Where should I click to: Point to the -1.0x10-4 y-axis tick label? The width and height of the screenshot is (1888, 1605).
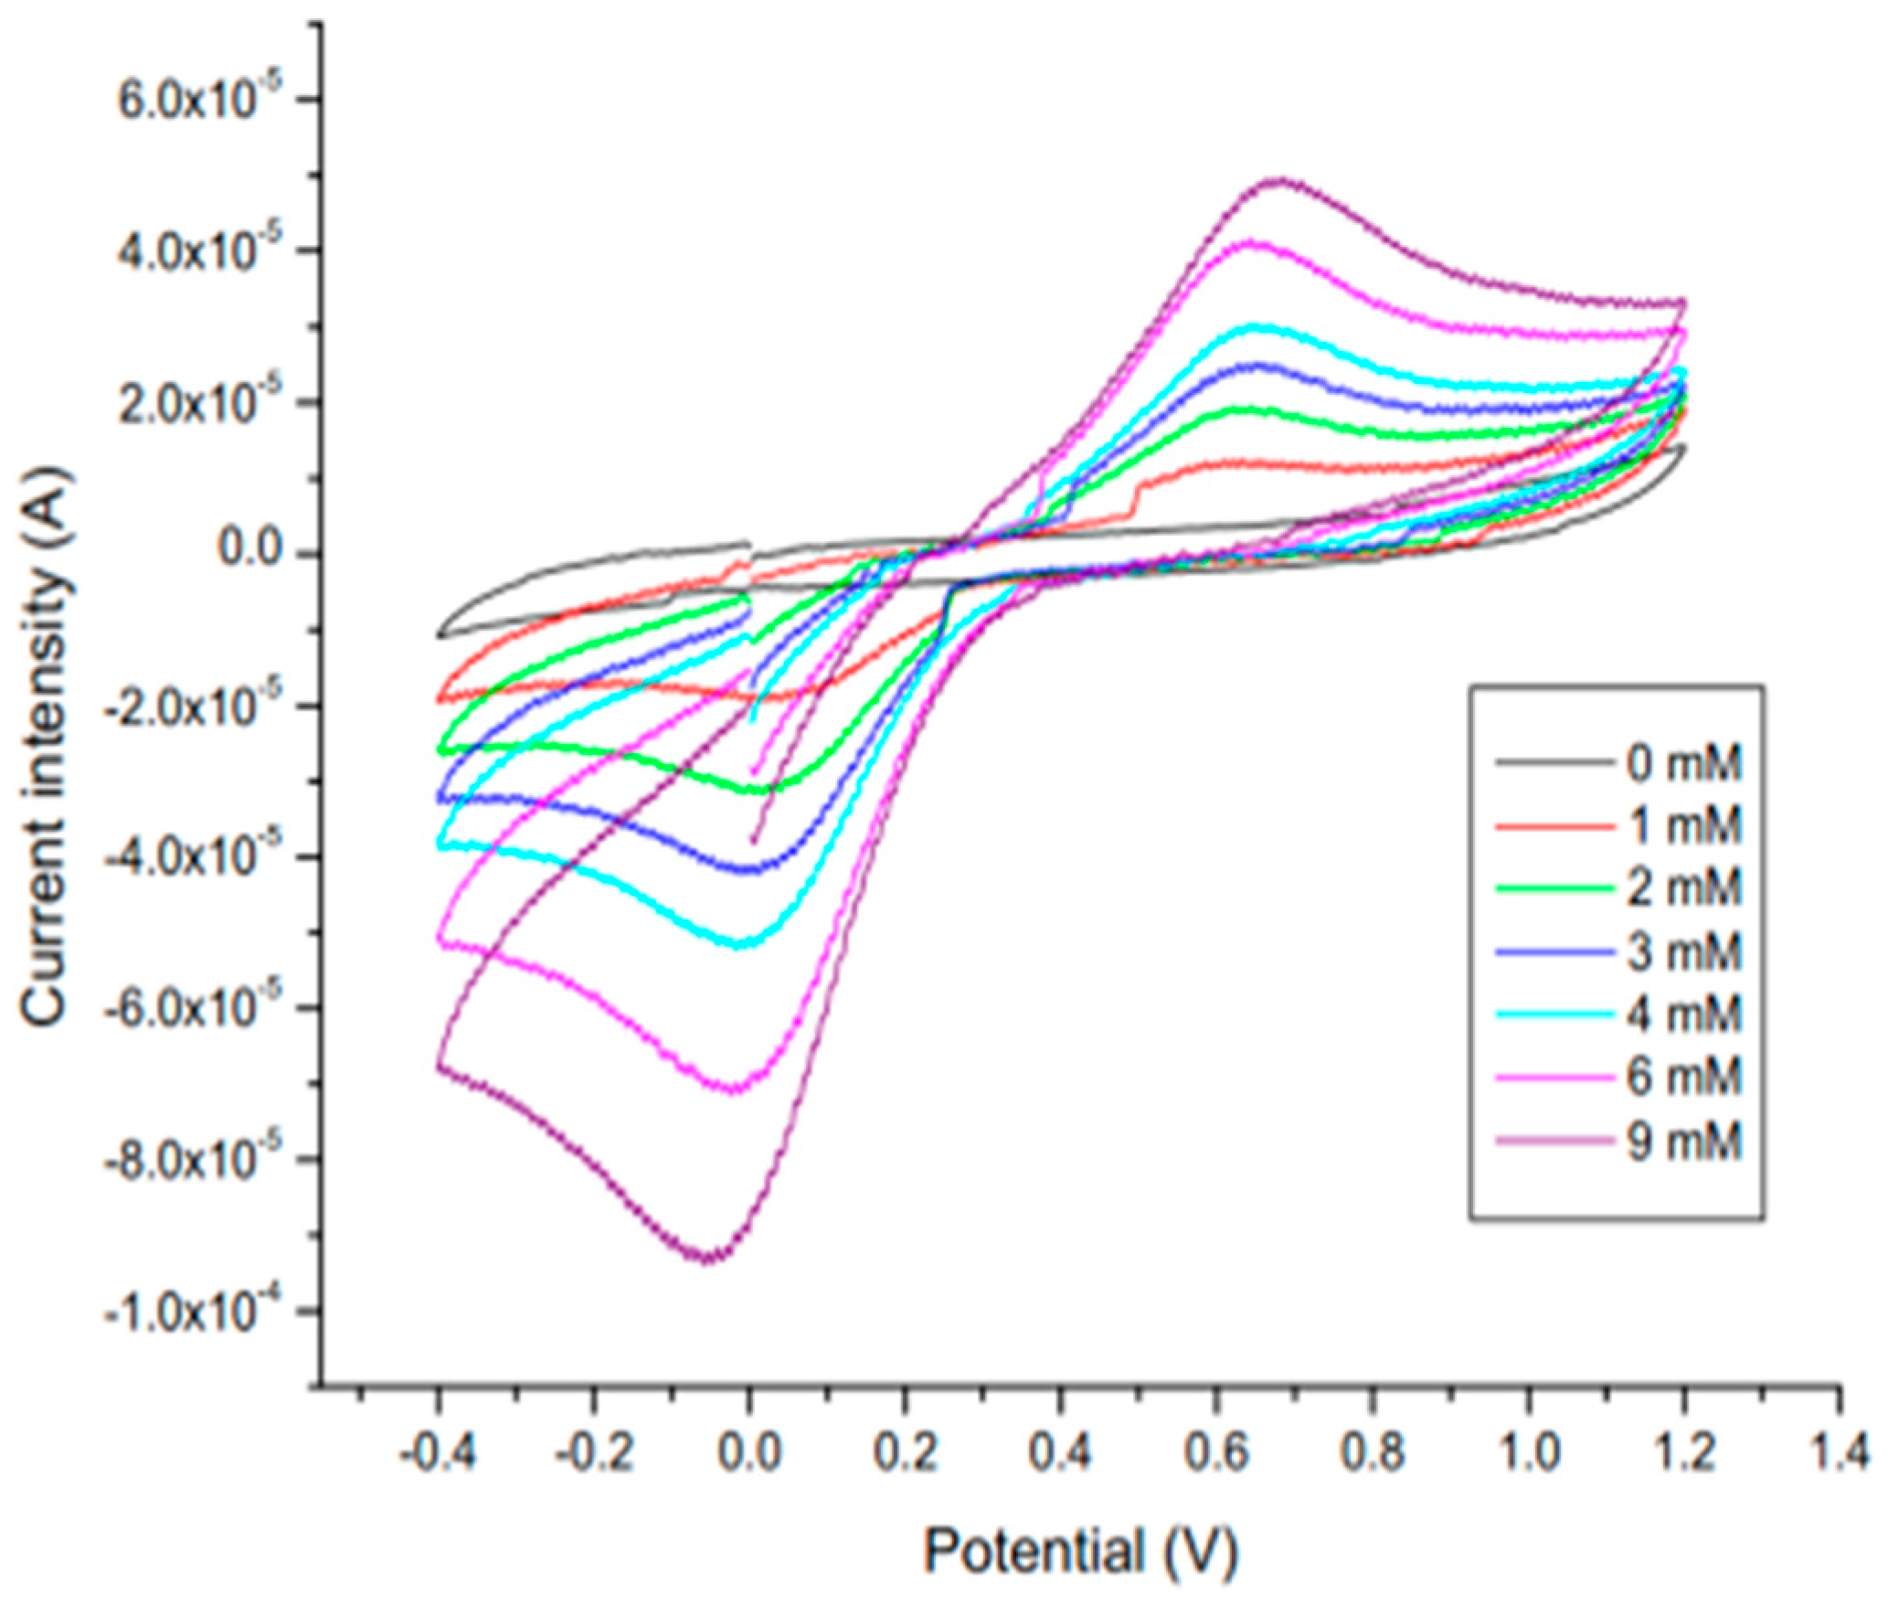pos(187,1313)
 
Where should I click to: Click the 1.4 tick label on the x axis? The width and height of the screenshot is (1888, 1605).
pos(1838,1451)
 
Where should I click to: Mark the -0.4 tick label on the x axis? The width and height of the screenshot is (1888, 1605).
pos(436,1451)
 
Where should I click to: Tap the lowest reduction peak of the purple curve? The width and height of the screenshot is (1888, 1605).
pos(708,1260)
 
